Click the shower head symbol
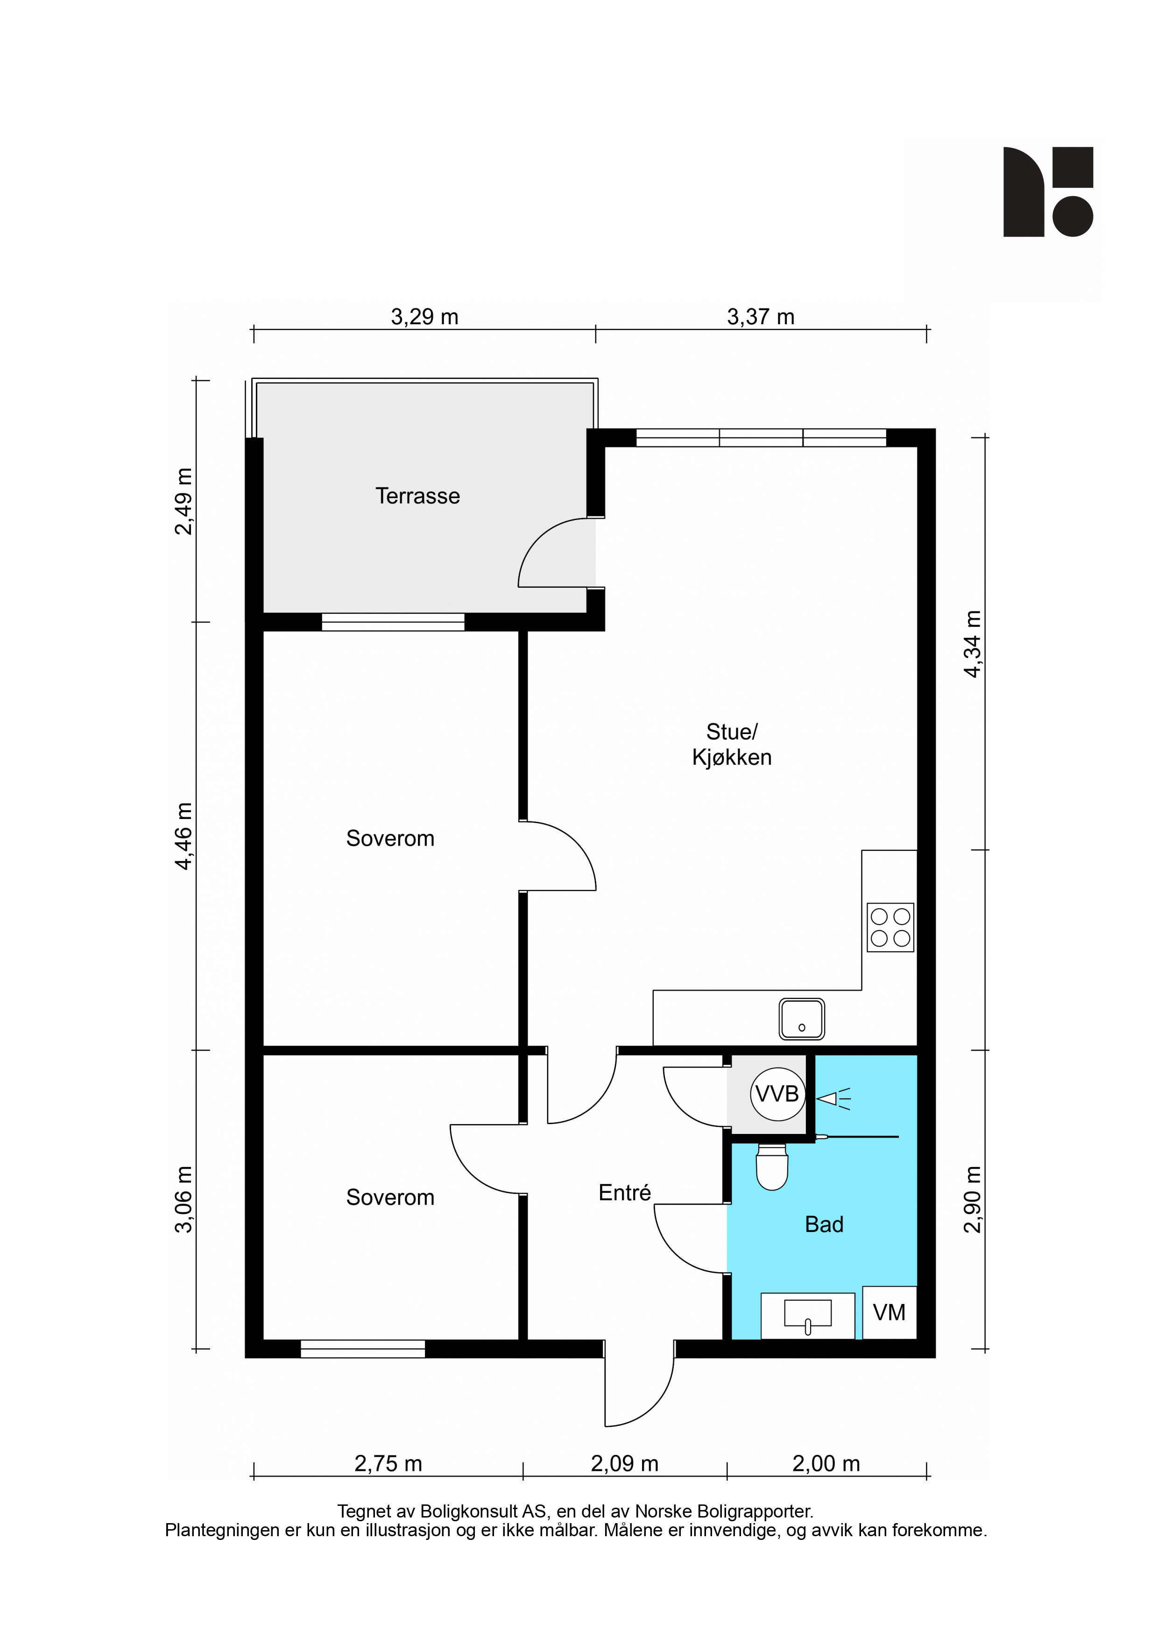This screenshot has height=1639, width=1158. [x=833, y=1098]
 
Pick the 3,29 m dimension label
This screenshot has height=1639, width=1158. [x=424, y=316]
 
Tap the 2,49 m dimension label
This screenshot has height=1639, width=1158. [x=184, y=501]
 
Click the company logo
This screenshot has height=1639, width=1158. [x=1048, y=191]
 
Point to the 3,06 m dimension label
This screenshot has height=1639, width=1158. [x=184, y=1199]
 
